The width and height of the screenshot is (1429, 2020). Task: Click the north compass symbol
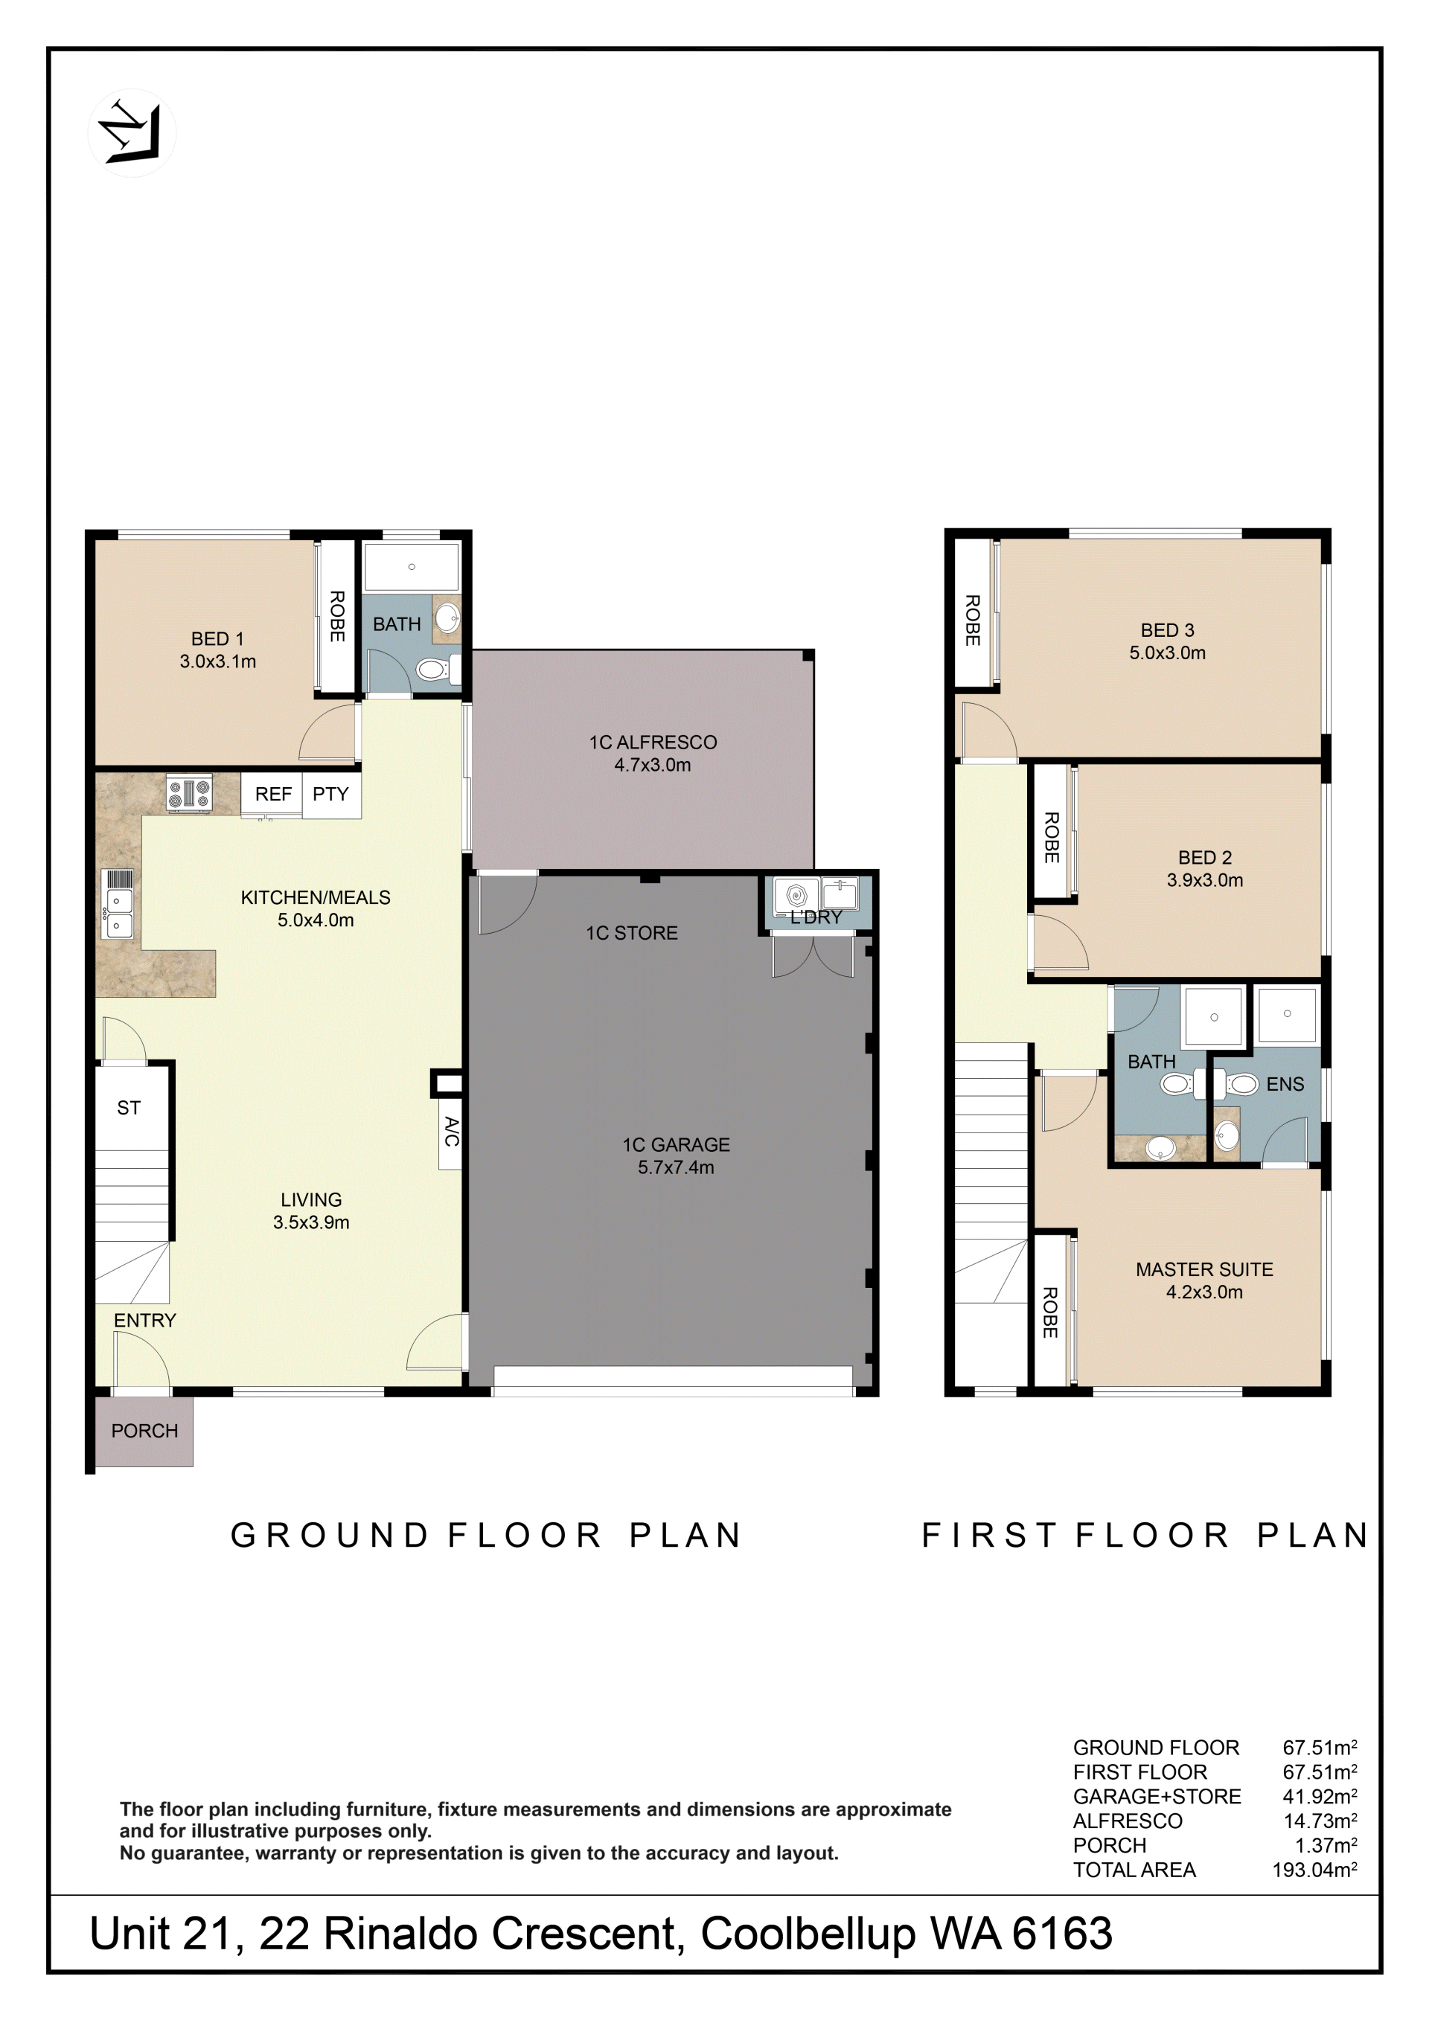132,133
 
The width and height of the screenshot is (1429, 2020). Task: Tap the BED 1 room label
217,638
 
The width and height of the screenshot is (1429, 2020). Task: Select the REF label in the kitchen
273,794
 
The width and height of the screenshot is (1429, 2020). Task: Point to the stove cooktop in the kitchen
189,794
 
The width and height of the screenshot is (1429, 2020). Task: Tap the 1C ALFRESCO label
653,743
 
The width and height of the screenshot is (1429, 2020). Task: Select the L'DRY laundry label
816,917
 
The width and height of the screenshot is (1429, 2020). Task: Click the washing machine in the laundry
796,896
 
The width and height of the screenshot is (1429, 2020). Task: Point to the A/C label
450,1132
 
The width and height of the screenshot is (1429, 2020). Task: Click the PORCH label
144,1431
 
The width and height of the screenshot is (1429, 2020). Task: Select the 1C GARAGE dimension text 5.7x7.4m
676,1167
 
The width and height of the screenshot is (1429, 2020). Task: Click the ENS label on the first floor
1285,1085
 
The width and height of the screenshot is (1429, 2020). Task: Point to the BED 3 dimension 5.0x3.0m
1168,653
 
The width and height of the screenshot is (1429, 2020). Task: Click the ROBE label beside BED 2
1051,837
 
